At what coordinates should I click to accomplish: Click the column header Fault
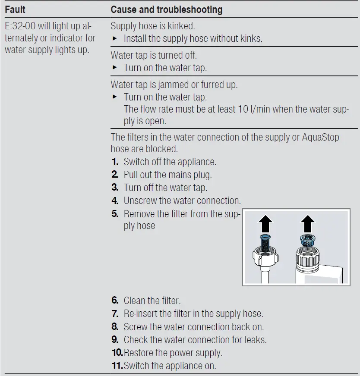click(15, 9)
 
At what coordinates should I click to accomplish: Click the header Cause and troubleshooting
click(167, 9)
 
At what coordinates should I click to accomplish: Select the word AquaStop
click(315, 138)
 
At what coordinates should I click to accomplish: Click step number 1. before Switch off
click(115, 162)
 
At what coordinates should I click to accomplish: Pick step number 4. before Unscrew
click(115, 201)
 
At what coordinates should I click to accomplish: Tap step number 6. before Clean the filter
click(115, 301)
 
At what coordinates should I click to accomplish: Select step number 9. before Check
click(115, 340)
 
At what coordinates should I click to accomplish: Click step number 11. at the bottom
click(117, 366)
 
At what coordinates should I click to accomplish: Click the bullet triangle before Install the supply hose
click(115, 39)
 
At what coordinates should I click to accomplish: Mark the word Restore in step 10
click(138, 353)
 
